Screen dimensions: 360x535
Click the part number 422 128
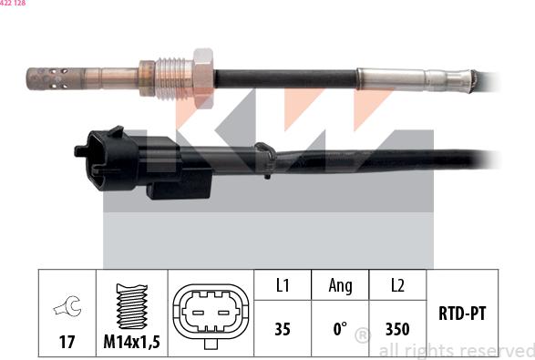point(13,5)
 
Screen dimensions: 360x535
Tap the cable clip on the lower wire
point(264,159)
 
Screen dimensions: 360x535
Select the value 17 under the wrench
point(67,342)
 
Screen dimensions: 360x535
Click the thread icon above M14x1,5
point(133,305)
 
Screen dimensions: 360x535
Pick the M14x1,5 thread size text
point(133,342)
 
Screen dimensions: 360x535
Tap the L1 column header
point(283,286)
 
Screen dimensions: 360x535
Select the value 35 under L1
point(283,329)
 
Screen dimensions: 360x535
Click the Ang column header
point(340,286)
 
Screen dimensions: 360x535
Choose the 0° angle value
point(340,329)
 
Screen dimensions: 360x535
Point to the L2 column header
point(397,286)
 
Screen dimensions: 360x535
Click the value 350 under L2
point(397,329)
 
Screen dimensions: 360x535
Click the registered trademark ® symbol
point(362,336)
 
